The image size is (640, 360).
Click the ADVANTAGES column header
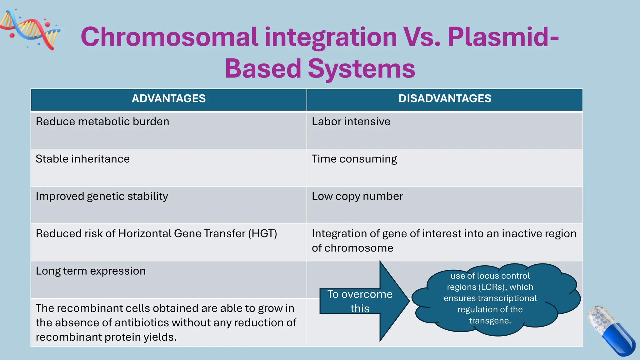tap(168, 99)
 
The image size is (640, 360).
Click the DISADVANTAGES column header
tap(444, 99)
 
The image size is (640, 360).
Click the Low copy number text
tap(357, 196)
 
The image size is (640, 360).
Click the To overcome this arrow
tap(362, 301)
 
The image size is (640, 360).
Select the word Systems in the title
tap(362, 69)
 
